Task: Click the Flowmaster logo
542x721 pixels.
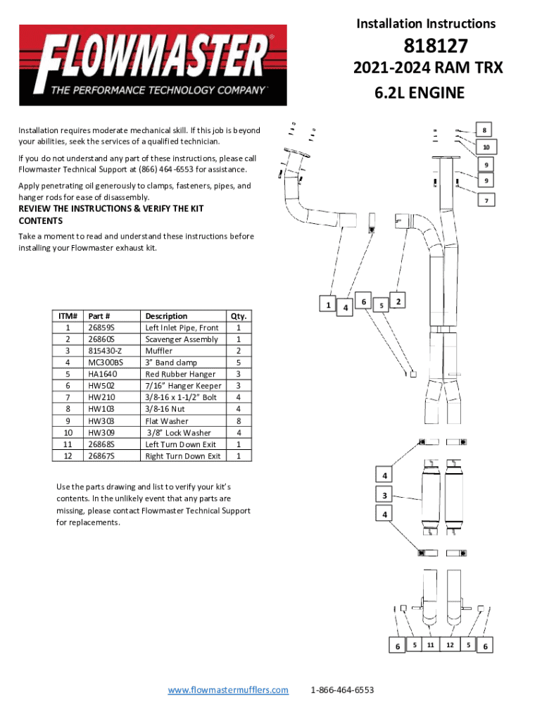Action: click(x=153, y=65)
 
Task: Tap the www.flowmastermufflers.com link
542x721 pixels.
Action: click(x=228, y=690)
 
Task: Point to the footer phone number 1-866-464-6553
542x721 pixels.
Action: click(x=342, y=690)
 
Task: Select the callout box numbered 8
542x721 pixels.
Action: click(x=484, y=130)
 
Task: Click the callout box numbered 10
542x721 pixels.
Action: click(x=486, y=146)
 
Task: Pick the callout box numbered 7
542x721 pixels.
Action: click(x=484, y=201)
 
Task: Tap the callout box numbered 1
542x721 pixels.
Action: click(x=328, y=304)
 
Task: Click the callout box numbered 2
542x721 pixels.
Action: click(x=398, y=301)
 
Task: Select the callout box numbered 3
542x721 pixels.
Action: click(x=384, y=496)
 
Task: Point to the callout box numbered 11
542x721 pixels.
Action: click(x=430, y=644)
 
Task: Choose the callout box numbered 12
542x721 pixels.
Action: click(x=450, y=644)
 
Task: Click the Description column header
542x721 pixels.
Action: click(x=166, y=316)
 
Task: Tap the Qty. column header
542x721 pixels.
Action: click(x=239, y=316)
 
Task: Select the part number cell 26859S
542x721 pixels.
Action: click(x=102, y=327)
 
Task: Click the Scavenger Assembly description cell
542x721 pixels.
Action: click(x=181, y=339)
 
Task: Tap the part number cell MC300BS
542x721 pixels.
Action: click(x=105, y=363)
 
